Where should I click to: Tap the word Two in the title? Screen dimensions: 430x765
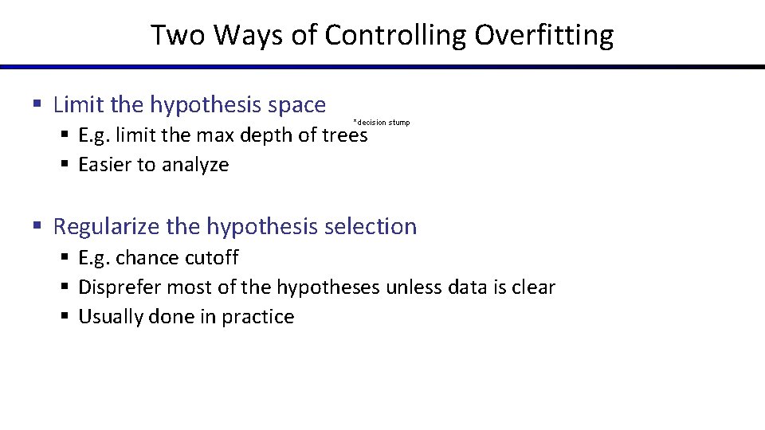177,35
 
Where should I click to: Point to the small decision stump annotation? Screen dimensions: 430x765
381,123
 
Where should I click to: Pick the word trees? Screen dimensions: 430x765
344,135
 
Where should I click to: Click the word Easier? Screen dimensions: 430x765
106,165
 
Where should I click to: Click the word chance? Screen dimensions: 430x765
147,258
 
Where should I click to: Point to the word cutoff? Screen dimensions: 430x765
212,258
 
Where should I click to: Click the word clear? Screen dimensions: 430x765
532,287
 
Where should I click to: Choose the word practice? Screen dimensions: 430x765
258,317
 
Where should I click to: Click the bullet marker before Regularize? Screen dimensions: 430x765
37,226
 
